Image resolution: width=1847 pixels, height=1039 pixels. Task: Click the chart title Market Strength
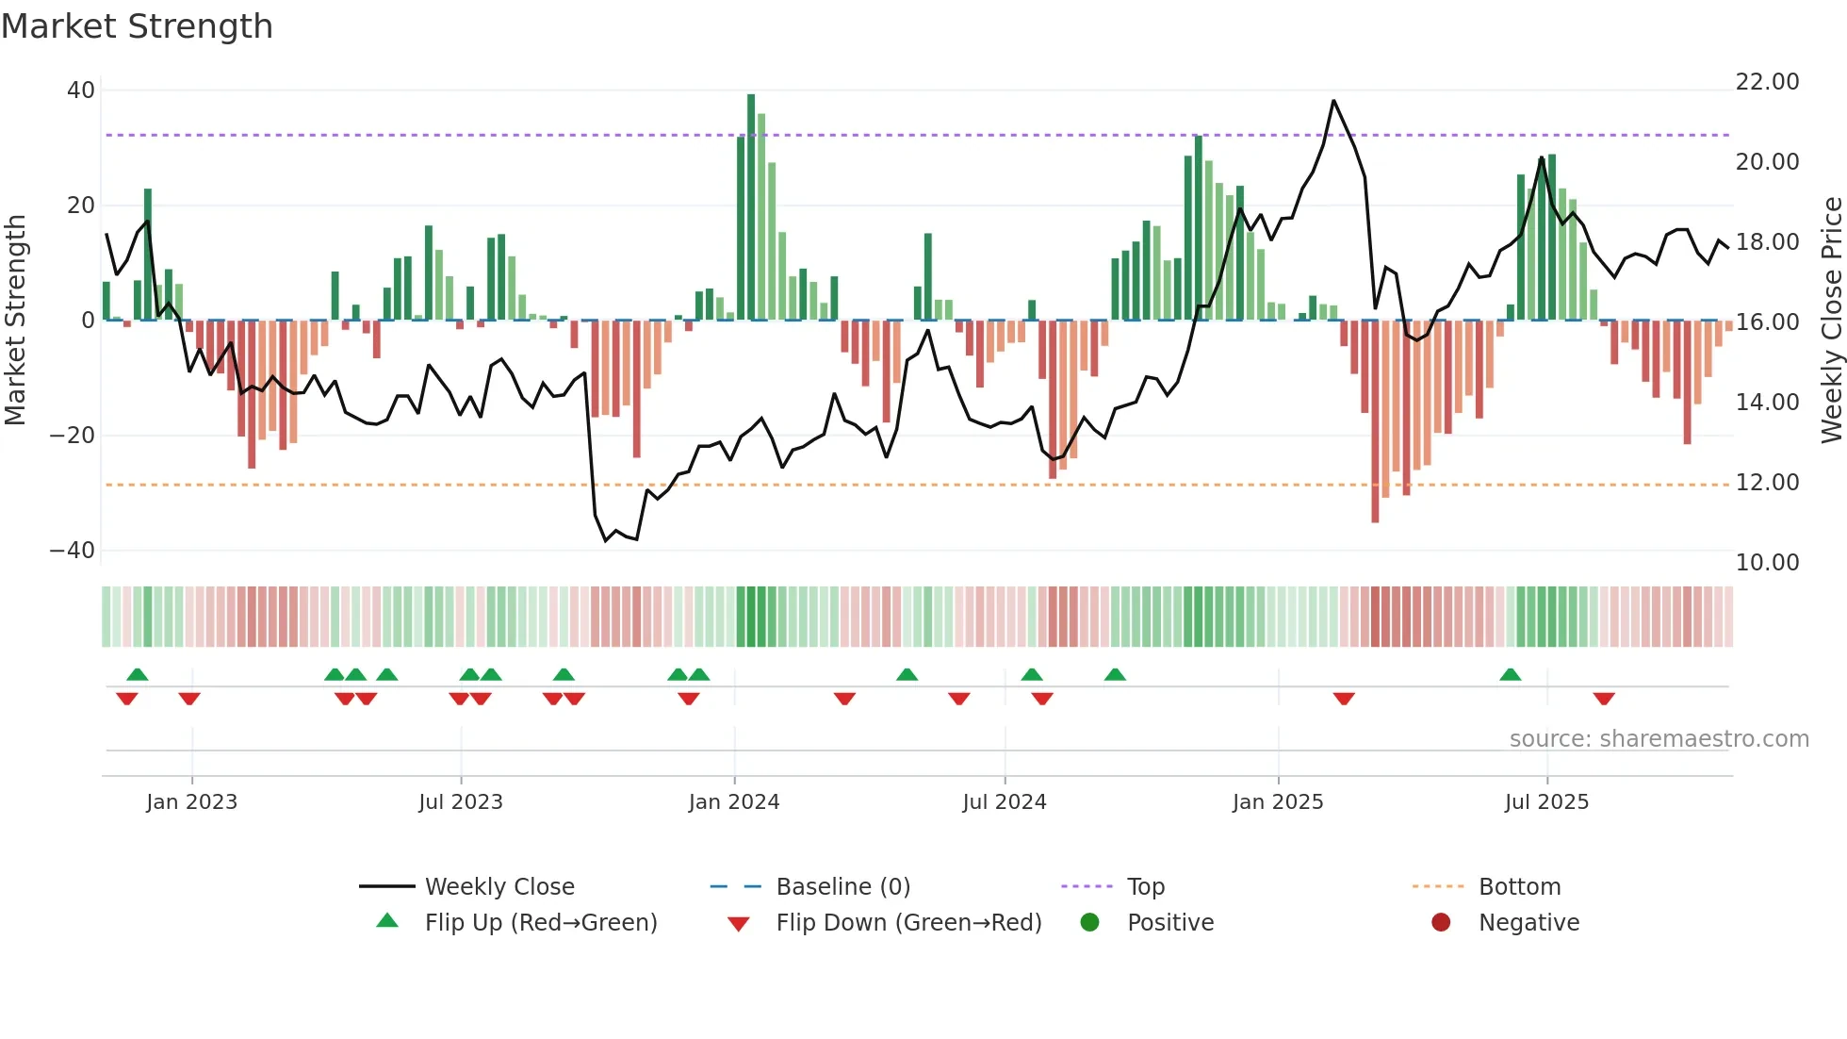[x=137, y=26]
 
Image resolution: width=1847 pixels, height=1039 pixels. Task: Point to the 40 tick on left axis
[x=81, y=91]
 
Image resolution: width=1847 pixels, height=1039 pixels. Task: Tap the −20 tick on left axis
[x=73, y=436]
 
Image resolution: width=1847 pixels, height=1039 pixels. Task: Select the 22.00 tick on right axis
[x=1767, y=82]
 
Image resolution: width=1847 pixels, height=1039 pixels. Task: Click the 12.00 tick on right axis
[x=1767, y=483]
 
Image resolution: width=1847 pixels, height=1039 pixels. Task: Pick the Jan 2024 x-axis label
[x=734, y=802]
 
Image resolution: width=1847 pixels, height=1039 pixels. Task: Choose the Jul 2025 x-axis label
[x=1546, y=802]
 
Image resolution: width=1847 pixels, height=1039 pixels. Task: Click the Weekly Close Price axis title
[x=1831, y=321]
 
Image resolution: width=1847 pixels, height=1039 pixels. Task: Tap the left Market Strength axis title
[x=15, y=321]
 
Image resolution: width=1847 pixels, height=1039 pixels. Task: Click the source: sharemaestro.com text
[x=1659, y=739]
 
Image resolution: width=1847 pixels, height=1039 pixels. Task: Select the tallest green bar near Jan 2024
[x=751, y=207]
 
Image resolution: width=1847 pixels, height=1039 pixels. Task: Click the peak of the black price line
[x=1333, y=101]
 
